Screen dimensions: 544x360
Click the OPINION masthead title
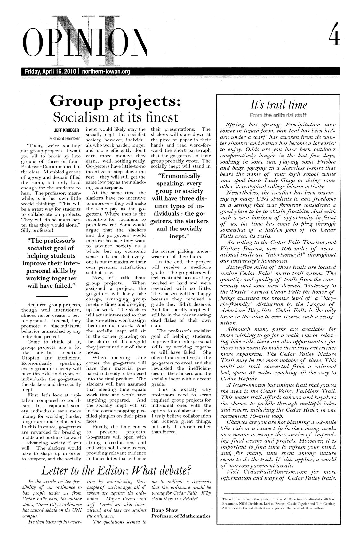(x=86, y=43)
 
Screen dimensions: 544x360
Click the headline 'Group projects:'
(x=116, y=101)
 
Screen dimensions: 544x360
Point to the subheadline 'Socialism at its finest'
(x=116, y=117)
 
